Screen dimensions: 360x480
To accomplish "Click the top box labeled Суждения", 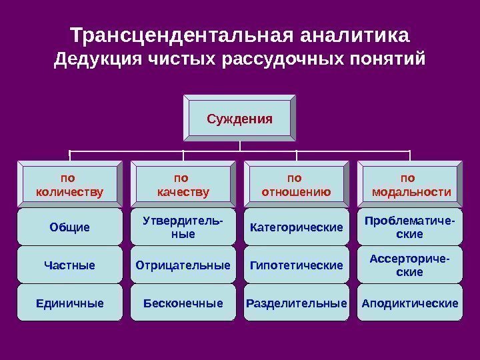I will click(x=240, y=119).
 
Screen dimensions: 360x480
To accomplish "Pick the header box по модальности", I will click(x=409, y=185).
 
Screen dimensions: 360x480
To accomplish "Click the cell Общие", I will click(x=69, y=227).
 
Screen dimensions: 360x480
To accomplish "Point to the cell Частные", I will click(x=69, y=265).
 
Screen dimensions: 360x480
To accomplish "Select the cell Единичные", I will click(x=69, y=303).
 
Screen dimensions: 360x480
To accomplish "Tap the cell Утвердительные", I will click(x=183, y=227).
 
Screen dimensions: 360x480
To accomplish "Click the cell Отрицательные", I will click(x=183, y=265).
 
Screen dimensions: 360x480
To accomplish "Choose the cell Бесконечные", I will click(x=183, y=303).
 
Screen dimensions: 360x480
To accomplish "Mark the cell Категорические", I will click(x=296, y=227).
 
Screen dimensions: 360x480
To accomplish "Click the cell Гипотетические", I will click(x=296, y=265).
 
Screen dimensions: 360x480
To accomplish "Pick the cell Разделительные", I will click(x=296, y=303).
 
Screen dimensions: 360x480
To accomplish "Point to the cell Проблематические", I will click(x=409, y=227).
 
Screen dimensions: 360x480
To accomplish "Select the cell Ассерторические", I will click(x=409, y=265).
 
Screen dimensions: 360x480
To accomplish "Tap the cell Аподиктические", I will click(x=409, y=303).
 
